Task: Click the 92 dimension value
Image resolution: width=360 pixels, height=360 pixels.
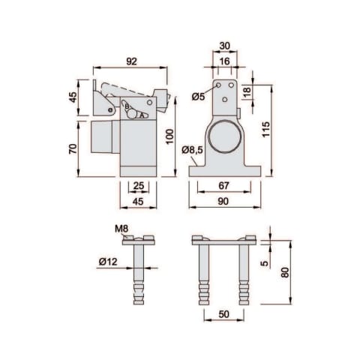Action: coord(131,61)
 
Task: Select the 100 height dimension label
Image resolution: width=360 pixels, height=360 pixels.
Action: coord(170,136)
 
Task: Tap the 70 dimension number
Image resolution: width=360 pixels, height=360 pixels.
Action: coord(73,148)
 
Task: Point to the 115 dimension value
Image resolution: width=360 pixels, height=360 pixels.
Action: coord(266,129)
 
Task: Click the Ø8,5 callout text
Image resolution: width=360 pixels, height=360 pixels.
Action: coord(193,150)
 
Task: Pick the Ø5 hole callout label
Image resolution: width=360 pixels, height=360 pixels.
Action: coord(198,96)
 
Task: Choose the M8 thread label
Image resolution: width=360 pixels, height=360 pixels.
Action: coord(121,229)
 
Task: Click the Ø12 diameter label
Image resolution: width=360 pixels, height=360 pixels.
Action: coord(108,262)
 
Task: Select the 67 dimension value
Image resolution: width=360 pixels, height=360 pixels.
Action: coord(223,185)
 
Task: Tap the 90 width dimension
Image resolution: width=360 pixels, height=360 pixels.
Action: coord(223,201)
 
